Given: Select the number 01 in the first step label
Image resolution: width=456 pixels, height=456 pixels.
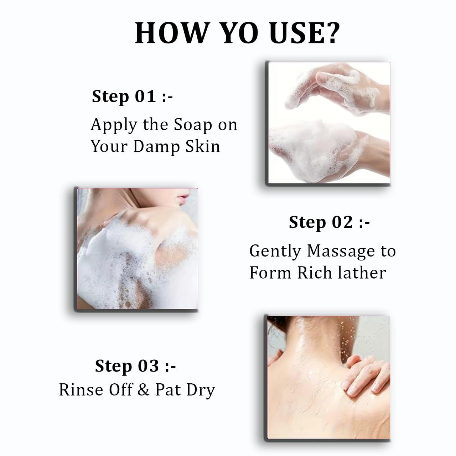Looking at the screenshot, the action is (x=145, y=97).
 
